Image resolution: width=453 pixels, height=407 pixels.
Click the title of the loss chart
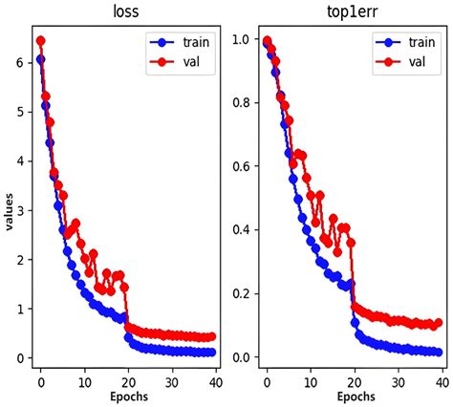tap(125, 13)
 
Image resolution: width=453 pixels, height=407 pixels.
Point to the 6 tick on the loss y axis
tap(21, 61)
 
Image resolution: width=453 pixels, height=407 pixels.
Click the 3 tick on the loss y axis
tap(21, 210)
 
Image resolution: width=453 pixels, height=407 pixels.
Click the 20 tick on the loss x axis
tap(128, 377)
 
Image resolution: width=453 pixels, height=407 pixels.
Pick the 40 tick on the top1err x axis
tap(440, 377)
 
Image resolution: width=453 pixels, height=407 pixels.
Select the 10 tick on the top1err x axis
tap(310, 377)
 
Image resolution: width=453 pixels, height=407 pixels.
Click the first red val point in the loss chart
tap(40, 41)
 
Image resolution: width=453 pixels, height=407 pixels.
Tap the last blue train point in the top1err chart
tap(438, 353)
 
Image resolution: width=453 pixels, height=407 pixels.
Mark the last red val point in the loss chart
tap(210, 336)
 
